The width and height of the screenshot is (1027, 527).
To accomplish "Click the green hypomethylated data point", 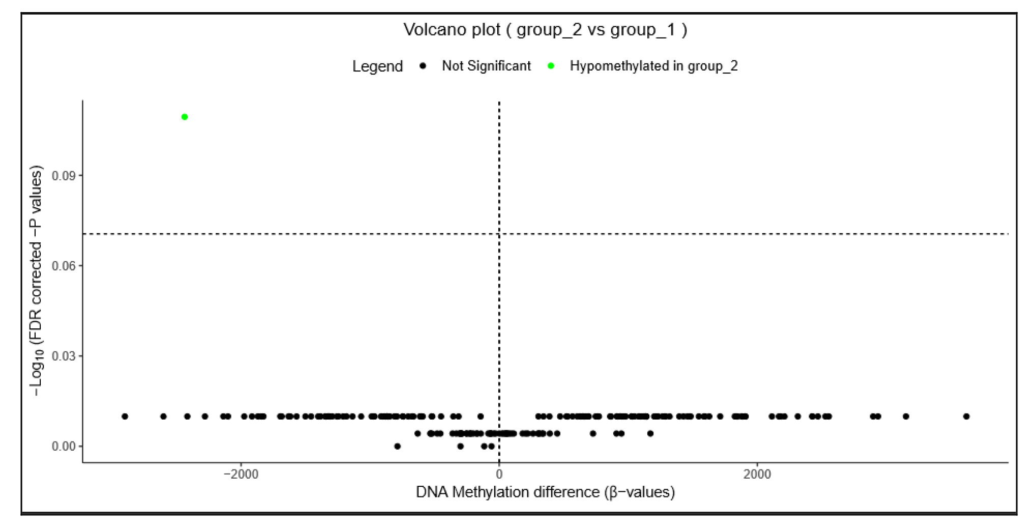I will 185,117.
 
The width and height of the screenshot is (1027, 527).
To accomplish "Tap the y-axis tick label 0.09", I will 64,176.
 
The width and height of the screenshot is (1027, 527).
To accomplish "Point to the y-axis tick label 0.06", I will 64,266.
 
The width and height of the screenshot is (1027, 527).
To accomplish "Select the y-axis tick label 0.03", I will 64,356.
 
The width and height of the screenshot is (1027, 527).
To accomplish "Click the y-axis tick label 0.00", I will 64,447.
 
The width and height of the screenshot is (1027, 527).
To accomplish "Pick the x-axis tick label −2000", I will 241,475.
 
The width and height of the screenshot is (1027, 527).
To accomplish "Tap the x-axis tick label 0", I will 499,475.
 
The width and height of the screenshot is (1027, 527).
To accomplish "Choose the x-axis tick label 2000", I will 757,475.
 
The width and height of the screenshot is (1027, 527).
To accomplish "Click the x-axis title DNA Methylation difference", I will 545,492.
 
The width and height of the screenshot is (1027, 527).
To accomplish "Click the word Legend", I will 377,66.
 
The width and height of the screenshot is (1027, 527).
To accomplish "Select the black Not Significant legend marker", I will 422,66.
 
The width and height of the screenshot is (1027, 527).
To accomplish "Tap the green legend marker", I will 551,66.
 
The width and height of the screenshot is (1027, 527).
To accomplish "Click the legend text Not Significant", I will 486,66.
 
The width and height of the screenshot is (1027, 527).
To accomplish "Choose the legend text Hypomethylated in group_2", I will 653,66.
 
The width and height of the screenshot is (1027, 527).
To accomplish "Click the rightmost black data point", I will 966,417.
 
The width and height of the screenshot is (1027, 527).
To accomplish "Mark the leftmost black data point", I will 125,417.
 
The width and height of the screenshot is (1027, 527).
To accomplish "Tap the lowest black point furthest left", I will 397,447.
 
